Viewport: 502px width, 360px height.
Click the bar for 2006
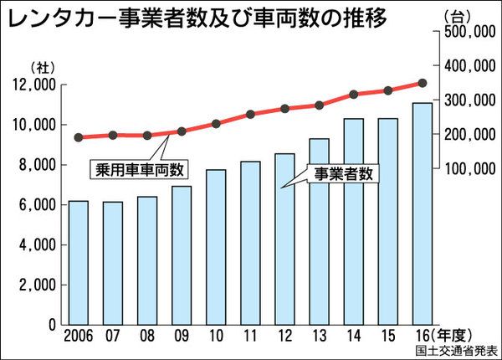[78, 262]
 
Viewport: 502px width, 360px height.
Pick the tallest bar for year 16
[422, 213]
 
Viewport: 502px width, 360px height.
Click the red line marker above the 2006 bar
[78, 137]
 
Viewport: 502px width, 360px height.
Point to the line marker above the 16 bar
[422, 83]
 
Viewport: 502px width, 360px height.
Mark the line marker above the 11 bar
[250, 113]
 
